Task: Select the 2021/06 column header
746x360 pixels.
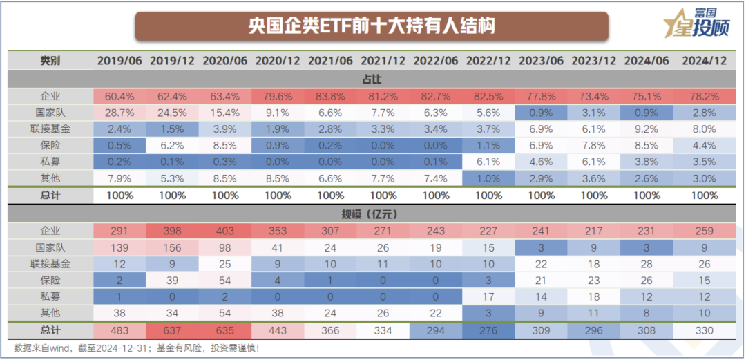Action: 330,61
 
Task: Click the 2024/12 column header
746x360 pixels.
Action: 705,61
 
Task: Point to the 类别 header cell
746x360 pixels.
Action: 50,61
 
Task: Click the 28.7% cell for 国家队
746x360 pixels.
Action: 119,112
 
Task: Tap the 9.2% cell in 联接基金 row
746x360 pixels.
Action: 651,129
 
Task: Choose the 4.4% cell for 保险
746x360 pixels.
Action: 705,145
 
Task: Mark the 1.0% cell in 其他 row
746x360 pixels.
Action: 488,178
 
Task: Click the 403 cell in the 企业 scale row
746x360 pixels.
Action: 225,231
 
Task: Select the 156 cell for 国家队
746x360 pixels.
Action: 172,247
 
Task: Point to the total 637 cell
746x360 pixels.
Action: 172,330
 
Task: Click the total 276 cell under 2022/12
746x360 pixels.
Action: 488,330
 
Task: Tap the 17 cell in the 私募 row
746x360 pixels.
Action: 488,297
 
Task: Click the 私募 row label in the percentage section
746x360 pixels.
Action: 50,162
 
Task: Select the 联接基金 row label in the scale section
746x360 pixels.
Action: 50,264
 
